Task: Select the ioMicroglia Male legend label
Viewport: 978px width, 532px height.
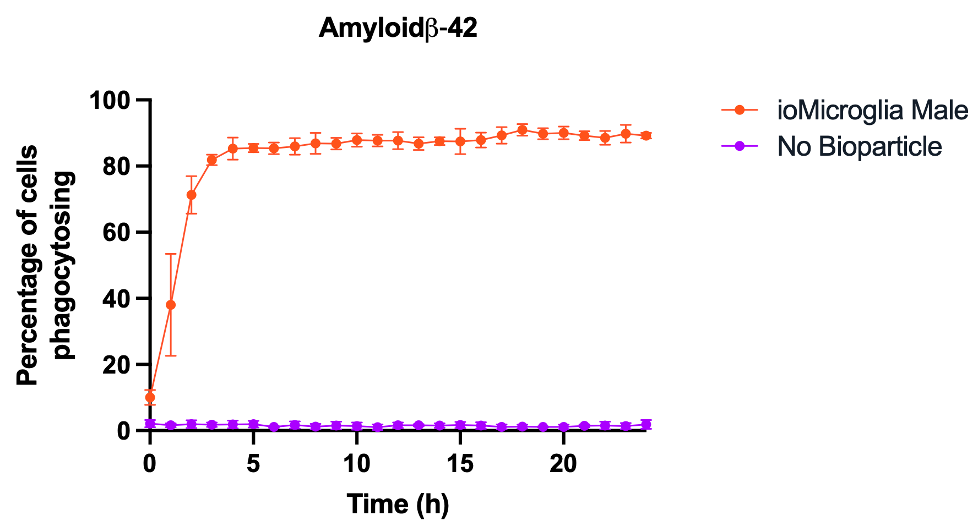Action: pyautogui.click(x=872, y=111)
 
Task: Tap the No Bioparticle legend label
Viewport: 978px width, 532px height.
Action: pyautogui.click(x=860, y=146)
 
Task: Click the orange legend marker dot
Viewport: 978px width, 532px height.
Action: pyautogui.click(x=740, y=111)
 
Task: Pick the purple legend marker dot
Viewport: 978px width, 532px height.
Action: pyautogui.click(x=740, y=146)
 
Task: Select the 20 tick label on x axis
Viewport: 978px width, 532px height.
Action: pyautogui.click(x=563, y=464)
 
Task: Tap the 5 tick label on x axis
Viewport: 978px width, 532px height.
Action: pyautogui.click(x=253, y=464)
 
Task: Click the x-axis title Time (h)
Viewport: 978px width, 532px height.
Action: pyautogui.click(x=398, y=504)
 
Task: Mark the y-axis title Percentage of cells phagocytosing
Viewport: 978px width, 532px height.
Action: pyautogui.click(x=45, y=265)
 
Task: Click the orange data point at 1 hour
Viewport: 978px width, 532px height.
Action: pyautogui.click(x=171, y=305)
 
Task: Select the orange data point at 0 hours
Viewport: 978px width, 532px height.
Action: pyautogui.click(x=150, y=397)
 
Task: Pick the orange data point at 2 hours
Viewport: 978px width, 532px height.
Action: pyautogui.click(x=192, y=195)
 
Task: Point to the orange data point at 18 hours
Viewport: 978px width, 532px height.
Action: pyautogui.click(x=522, y=130)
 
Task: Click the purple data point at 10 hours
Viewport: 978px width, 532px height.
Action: pyautogui.click(x=357, y=426)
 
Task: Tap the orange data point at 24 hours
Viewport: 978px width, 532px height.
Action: pyautogui.click(x=646, y=136)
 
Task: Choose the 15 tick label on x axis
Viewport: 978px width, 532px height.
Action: pyautogui.click(x=460, y=464)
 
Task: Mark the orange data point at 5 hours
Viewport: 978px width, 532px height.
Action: pyautogui.click(x=253, y=148)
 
